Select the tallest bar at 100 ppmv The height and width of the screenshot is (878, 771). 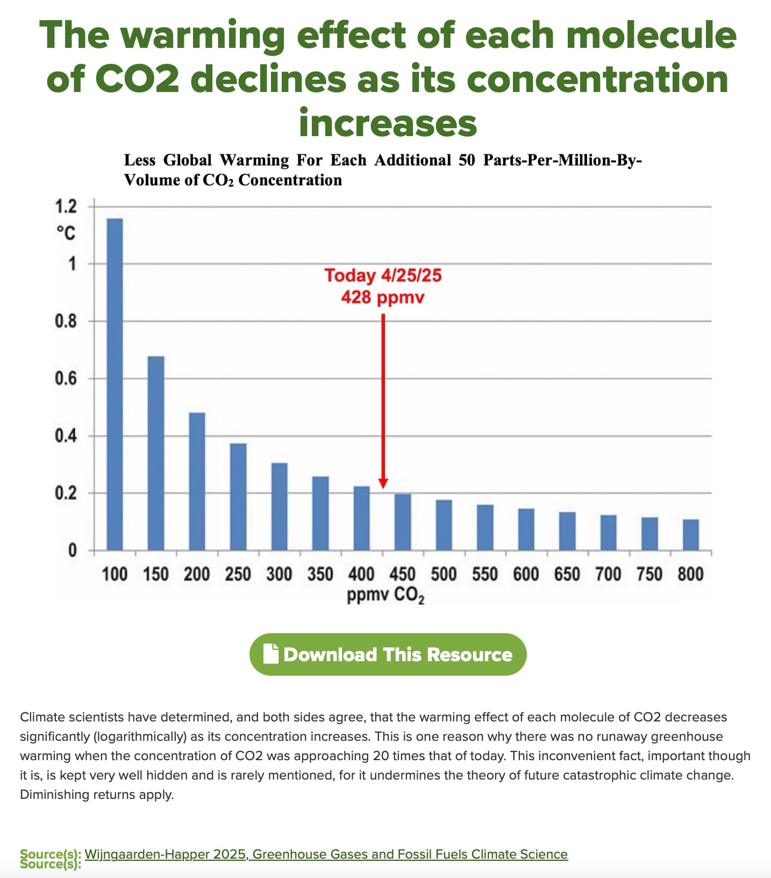[115, 384]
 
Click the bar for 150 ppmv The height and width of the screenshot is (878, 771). [156, 453]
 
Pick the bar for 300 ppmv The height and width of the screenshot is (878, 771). [279, 506]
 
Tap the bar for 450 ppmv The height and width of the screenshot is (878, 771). [403, 522]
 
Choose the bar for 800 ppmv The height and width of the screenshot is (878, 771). [691, 535]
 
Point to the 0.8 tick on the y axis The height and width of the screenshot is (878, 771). [66, 321]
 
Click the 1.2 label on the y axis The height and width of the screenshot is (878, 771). [66, 206]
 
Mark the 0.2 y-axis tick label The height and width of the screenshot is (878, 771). [66, 493]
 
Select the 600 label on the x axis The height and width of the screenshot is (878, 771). [526, 575]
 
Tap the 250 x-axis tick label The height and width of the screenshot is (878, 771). [238, 575]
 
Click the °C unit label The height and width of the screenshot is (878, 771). [66, 233]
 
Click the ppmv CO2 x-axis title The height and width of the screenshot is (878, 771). [386, 595]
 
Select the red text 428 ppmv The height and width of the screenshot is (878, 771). [383, 297]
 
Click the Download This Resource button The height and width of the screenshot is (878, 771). [388, 654]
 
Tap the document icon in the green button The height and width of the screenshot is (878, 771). [271, 654]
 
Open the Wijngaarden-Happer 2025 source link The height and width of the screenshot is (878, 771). [326, 854]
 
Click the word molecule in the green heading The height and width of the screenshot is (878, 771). [652, 35]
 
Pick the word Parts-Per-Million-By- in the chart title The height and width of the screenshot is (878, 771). [562, 160]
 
